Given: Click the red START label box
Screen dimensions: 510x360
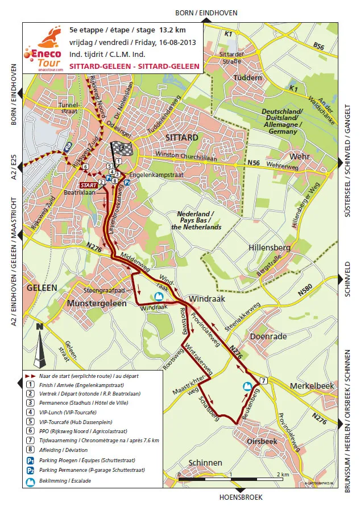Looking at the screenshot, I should pos(88,185).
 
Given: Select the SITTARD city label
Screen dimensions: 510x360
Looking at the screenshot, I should pos(181,138).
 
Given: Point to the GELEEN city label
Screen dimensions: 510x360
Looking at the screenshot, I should pos(42,288).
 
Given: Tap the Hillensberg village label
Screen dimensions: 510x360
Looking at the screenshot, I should pos(270,248).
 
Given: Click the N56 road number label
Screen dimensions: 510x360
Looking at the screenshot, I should pos(254,163).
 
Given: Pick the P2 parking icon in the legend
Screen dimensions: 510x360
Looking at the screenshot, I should pos(28,470).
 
